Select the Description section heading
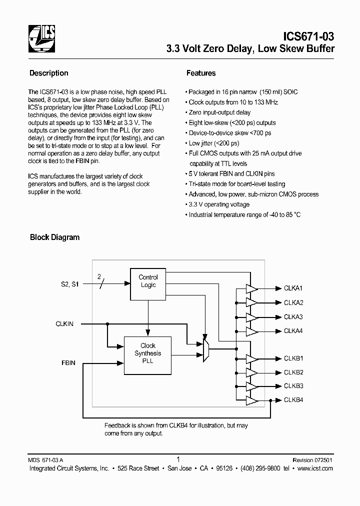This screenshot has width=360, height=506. (49, 73)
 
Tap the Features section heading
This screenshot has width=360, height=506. (201, 73)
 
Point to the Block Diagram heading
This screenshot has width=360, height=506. (55, 237)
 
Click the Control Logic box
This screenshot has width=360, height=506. (147, 281)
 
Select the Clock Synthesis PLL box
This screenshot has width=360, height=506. (147, 353)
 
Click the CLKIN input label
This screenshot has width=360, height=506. (64, 324)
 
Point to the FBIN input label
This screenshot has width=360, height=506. (68, 362)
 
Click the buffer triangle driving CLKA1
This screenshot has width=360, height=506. (251, 288)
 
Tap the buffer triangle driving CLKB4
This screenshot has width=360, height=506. (251, 400)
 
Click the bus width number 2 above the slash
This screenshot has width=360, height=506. (99, 276)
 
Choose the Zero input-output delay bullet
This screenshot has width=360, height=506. (219, 112)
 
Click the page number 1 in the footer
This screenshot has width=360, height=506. (178, 458)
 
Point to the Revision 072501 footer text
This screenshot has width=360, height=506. (312, 459)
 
